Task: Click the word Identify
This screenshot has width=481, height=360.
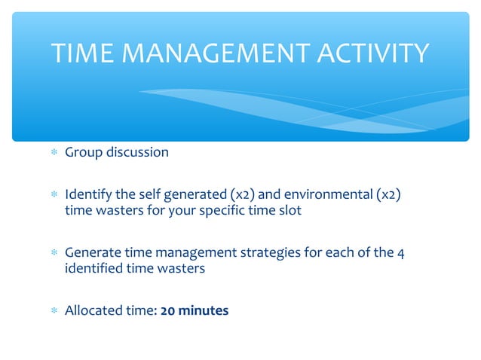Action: click(88, 195)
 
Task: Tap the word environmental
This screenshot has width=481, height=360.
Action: click(315, 195)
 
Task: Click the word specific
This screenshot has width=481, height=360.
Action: click(222, 211)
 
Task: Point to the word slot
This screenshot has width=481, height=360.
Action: click(289, 211)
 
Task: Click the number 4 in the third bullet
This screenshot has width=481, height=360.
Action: click(401, 253)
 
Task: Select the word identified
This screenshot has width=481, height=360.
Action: click(90, 269)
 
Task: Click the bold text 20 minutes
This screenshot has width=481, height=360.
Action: click(195, 310)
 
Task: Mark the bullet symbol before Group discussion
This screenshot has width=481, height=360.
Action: click(53, 154)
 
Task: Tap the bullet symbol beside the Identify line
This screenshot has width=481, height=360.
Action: click(53, 196)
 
